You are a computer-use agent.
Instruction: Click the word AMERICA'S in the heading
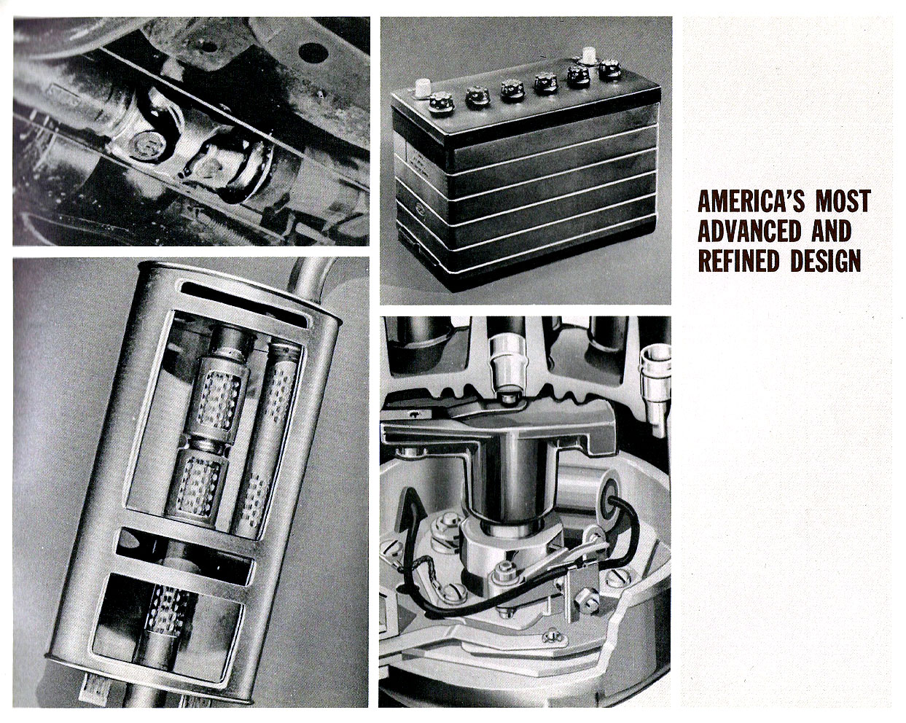click(751, 201)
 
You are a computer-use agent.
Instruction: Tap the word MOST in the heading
click(843, 201)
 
